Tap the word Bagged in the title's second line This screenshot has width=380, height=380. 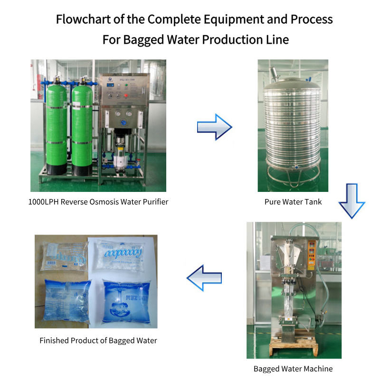(x=143, y=39)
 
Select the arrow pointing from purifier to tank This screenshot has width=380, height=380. (x=214, y=126)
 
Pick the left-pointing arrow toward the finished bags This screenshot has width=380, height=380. (x=204, y=278)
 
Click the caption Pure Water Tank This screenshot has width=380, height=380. (x=293, y=202)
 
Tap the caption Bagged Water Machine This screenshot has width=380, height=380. (x=293, y=369)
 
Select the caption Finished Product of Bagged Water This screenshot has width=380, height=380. (x=98, y=341)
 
